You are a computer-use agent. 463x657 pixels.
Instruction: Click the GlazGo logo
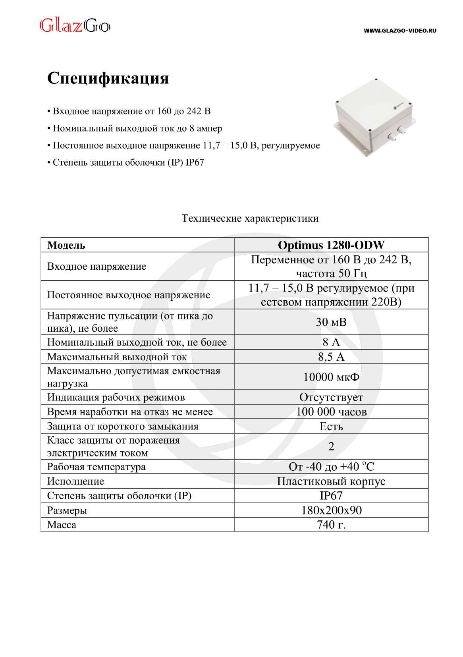click(75, 26)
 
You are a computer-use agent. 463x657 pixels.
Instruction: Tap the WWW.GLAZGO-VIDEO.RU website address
click(400, 31)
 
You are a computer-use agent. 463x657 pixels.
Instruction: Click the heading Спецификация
click(108, 78)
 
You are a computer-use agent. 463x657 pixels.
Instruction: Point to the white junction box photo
click(375, 117)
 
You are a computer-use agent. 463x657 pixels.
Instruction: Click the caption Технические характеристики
click(250, 218)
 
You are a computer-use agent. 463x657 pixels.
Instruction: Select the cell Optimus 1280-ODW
click(331, 245)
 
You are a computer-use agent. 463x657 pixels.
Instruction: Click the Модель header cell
click(66, 245)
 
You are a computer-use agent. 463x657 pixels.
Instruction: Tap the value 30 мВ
click(331, 322)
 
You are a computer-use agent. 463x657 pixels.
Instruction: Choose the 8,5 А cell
click(331, 357)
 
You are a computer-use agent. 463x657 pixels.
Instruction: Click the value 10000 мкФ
click(331, 377)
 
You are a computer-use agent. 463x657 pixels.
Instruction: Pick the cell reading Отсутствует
click(331, 397)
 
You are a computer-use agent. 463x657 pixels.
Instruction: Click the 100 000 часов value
click(331, 412)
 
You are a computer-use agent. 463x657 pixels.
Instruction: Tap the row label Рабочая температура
click(96, 467)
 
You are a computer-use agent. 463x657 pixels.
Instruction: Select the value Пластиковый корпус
click(331, 481)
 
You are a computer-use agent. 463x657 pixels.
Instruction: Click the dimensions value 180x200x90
click(331, 510)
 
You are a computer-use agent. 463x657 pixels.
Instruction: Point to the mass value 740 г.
click(331, 525)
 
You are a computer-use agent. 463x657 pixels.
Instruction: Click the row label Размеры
click(67, 510)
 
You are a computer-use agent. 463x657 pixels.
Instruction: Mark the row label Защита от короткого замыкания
click(123, 426)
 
